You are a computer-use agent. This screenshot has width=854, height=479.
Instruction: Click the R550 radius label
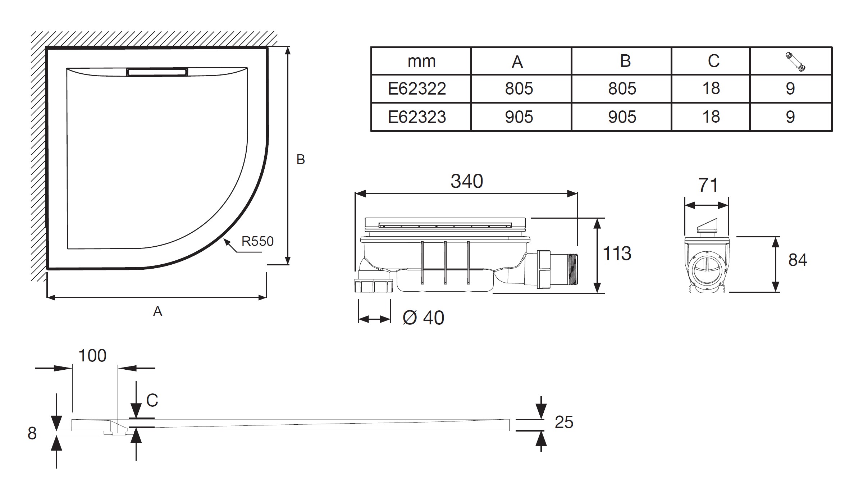257,241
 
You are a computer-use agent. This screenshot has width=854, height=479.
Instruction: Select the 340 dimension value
466,181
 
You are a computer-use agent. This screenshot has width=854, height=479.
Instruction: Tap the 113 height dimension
617,254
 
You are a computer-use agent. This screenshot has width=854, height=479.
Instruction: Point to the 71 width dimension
708,186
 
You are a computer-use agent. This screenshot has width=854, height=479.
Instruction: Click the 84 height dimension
797,260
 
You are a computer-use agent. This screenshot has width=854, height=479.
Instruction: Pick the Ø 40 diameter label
424,318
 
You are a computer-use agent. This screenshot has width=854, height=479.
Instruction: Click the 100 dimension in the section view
92,356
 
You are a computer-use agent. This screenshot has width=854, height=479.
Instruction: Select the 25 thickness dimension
563,423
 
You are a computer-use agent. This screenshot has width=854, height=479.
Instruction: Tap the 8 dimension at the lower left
32,434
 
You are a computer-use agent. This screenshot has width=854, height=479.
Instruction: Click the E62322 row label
417,89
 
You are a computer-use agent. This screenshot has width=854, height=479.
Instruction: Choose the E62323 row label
417,117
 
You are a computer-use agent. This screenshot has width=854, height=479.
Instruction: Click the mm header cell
421,61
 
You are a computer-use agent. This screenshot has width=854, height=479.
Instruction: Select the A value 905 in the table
519,117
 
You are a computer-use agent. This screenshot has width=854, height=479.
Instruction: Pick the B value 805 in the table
622,89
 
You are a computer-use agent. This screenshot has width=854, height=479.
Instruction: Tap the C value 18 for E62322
711,89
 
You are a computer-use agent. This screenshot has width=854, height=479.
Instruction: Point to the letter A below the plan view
157,311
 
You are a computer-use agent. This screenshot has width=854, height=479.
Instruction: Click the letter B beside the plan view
301,160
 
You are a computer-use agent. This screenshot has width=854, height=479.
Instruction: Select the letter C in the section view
152,400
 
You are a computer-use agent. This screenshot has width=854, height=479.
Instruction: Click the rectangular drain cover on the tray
157,72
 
